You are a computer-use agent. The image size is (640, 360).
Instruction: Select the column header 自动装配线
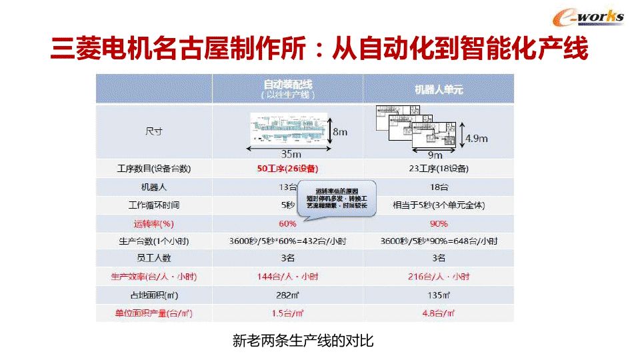click(x=287, y=85)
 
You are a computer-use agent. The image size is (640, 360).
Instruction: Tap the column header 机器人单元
click(x=439, y=89)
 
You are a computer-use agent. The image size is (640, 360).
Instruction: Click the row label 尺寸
click(x=154, y=131)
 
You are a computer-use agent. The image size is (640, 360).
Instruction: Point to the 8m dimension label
click(x=340, y=131)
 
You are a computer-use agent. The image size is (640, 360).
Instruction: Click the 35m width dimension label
click(x=288, y=153)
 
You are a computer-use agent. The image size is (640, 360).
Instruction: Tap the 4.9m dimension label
click(x=476, y=139)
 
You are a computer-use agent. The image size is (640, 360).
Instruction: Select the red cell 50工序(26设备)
click(x=287, y=169)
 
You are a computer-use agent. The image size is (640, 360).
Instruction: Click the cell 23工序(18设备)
click(x=439, y=169)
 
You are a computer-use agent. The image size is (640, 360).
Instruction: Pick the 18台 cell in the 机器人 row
click(x=439, y=187)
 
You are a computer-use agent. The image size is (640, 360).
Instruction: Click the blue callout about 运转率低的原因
click(x=337, y=197)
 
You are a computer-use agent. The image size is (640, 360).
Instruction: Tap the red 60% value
click(x=287, y=223)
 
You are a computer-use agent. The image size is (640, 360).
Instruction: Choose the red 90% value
click(x=439, y=223)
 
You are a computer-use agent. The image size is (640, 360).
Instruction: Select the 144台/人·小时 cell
click(x=287, y=276)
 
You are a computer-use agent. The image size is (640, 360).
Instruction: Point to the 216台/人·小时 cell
click(x=439, y=276)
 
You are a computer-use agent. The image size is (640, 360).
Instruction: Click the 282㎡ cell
click(x=287, y=295)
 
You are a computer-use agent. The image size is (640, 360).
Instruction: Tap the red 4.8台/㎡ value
click(x=439, y=313)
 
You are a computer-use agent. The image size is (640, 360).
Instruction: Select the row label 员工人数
click(x=154, y=258)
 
